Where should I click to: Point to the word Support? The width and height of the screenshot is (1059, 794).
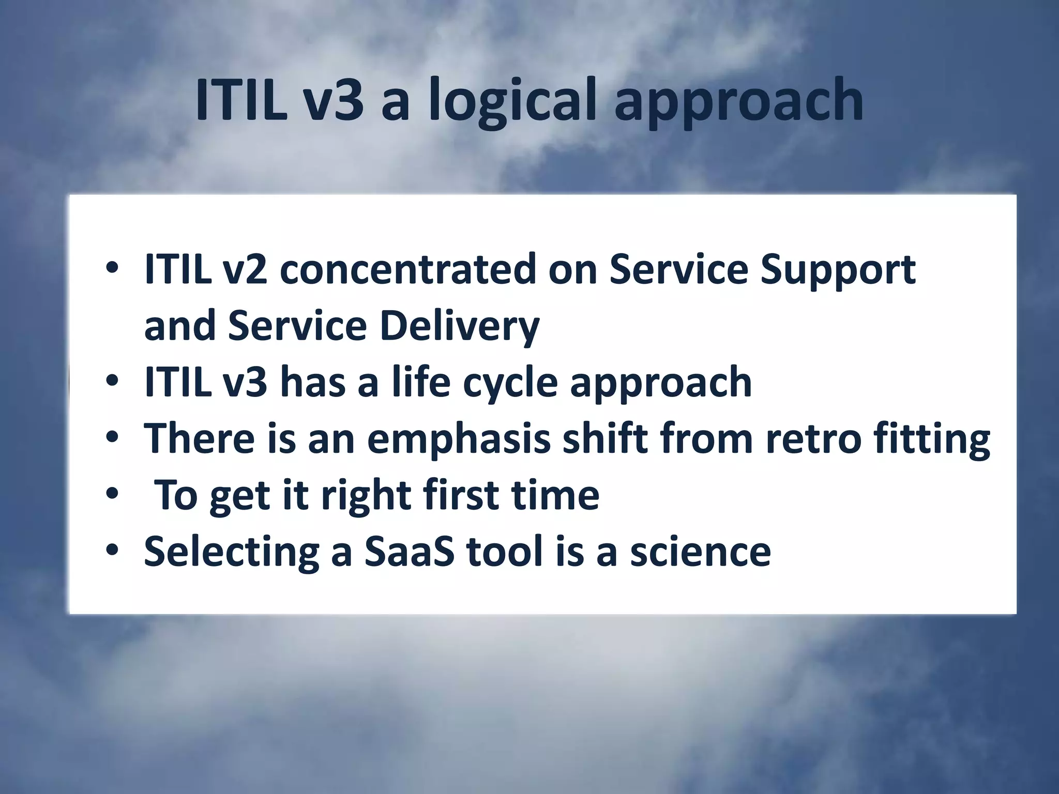[x=838, y=271]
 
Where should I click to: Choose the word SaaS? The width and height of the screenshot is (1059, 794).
[x=409, y=552]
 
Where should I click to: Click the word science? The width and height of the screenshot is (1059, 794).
[x=700, y=552]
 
